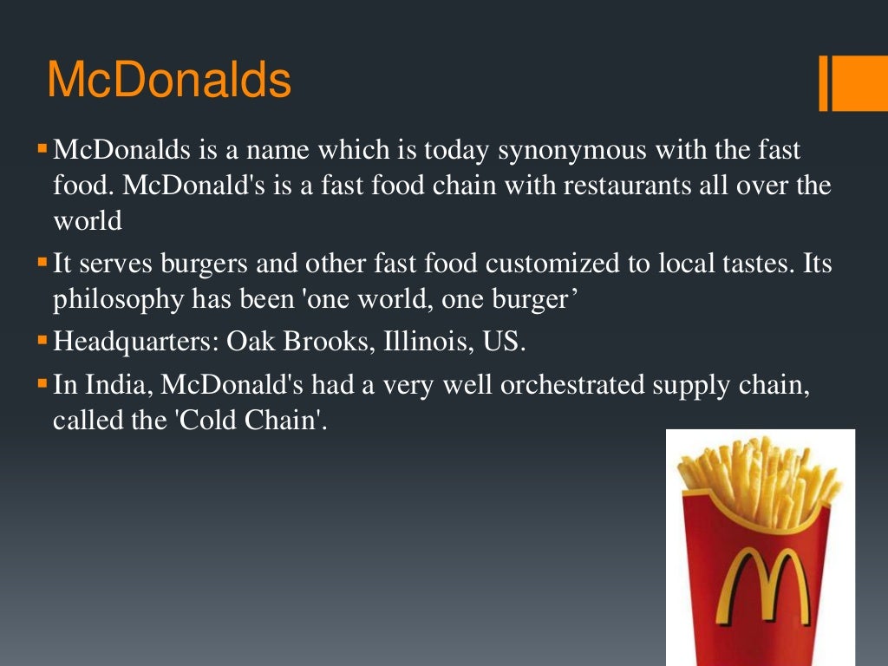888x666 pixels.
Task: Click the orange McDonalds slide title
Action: pyautogui.click(x=169, y=81)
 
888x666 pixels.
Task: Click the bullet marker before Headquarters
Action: pyautogui.click(x=42, y=340)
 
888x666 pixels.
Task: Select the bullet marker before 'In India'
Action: pyautogui.click(x=42, y=382)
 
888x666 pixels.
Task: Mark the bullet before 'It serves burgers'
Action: pyautogui.click(x=42, y=261)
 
